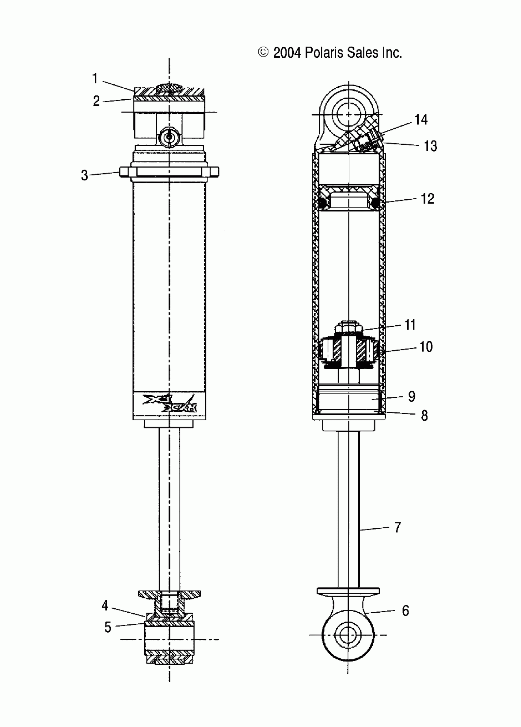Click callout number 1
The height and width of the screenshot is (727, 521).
95,78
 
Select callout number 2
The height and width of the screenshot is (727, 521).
97,101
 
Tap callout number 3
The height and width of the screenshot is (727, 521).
84,175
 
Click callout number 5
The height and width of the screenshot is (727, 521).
108,627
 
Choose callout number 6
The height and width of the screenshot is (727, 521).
406,611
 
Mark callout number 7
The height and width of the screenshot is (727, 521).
397,527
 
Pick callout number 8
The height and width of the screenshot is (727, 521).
424,415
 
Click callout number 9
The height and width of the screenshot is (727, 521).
412,396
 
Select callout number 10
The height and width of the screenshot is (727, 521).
426,346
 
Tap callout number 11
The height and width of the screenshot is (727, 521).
410,325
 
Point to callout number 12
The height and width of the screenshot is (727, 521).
428,199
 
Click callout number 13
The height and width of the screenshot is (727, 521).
430,146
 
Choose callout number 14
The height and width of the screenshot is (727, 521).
421,120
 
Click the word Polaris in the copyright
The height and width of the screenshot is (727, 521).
324,52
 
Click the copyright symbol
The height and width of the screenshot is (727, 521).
263,52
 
